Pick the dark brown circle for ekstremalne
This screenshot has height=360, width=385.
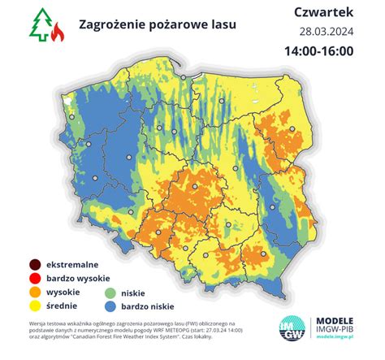(x=33, y=265)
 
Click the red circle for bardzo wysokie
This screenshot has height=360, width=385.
(x=33, y=278)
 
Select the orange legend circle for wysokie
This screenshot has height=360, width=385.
(x=33, y=292)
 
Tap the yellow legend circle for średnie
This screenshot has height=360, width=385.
(x=33, y=305)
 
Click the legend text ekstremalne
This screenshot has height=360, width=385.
(x=73, y=265)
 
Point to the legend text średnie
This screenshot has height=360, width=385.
(x=64, y=305)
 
